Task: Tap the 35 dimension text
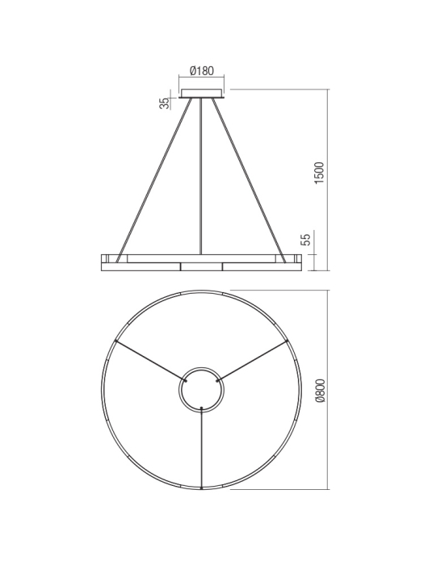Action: tap(165, 103)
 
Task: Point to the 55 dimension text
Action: tap(304, 240)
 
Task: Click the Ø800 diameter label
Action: tap(319, 390)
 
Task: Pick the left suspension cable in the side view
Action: tap(153, 178)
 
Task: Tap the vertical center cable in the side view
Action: tap(200, 178)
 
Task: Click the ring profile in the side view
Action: tap(200, 262)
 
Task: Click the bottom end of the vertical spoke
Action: tap(200, 488)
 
